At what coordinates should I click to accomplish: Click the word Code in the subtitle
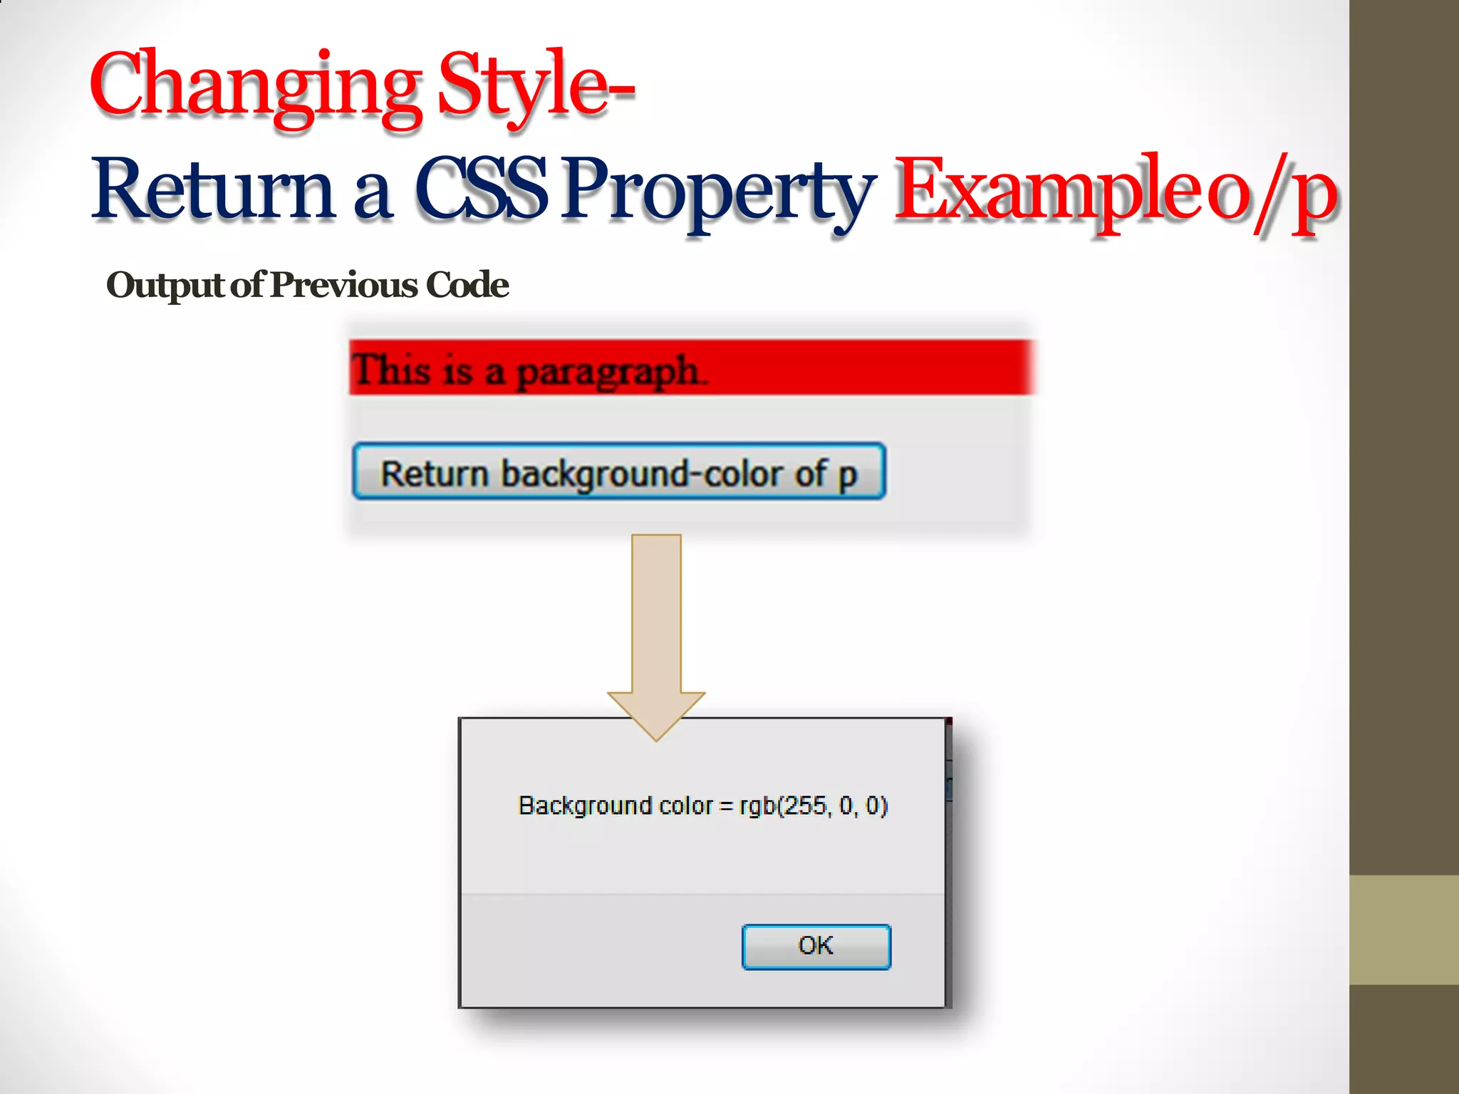pos(467,285)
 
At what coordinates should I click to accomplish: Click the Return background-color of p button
pos(618,472)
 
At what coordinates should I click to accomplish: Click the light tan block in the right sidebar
pos(1403,929)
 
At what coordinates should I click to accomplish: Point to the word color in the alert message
pos(685,806)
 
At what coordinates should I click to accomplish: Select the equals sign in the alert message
pos(726,806)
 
